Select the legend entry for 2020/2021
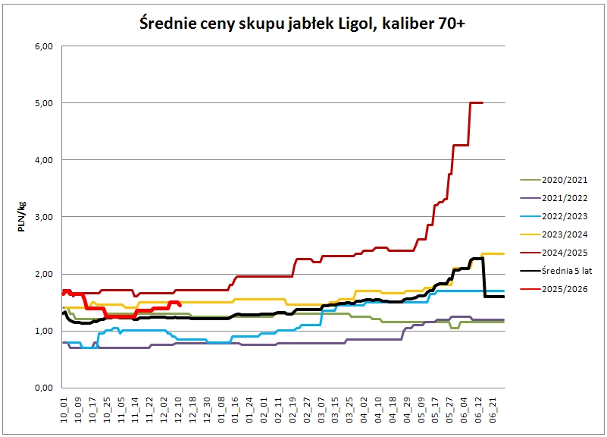coord(554,180)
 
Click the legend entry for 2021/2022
coord(554,198)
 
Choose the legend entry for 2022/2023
coord(554,216)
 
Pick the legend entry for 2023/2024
coord(554,234)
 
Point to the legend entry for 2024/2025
coord(554,253)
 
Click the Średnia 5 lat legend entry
coord(556,271)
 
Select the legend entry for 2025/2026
coord(554,289)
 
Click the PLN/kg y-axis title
coord(22,216)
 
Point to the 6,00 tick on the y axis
coord(44,46)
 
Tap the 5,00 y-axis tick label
coord(44,103)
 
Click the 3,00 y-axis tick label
coord(44,217)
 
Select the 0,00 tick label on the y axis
coord(44,388)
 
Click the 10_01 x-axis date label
coord(64,410)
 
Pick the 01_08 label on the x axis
coord(221,410)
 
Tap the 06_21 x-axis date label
coord(493,410)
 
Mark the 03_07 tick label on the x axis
coord(321,410)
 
